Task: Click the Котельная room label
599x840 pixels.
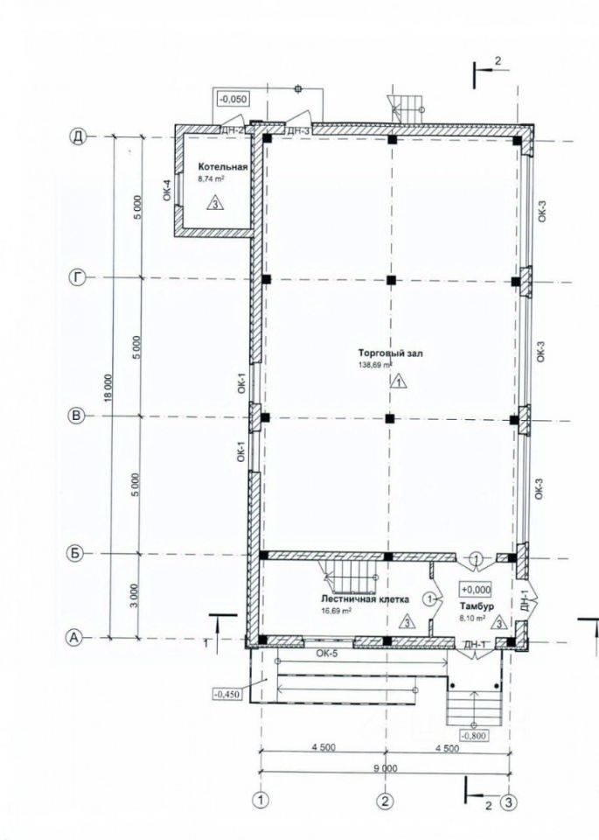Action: tap(223, 167)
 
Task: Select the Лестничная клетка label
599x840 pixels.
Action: tap(365, 598)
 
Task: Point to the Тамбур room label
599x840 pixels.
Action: tap(477, 605)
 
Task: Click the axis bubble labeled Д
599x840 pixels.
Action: tap(78, 137)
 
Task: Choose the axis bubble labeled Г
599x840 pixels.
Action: tap(78, 277)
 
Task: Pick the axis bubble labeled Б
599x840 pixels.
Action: tap(75, 553)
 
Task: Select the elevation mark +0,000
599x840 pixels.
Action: tap(476, 589)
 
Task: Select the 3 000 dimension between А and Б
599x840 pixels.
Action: tap(135, 595)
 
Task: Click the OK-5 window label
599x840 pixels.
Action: tap(327, 653)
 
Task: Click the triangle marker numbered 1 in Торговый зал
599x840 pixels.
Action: tap(399, 381)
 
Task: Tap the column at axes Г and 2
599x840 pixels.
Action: tap(391, 279)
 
